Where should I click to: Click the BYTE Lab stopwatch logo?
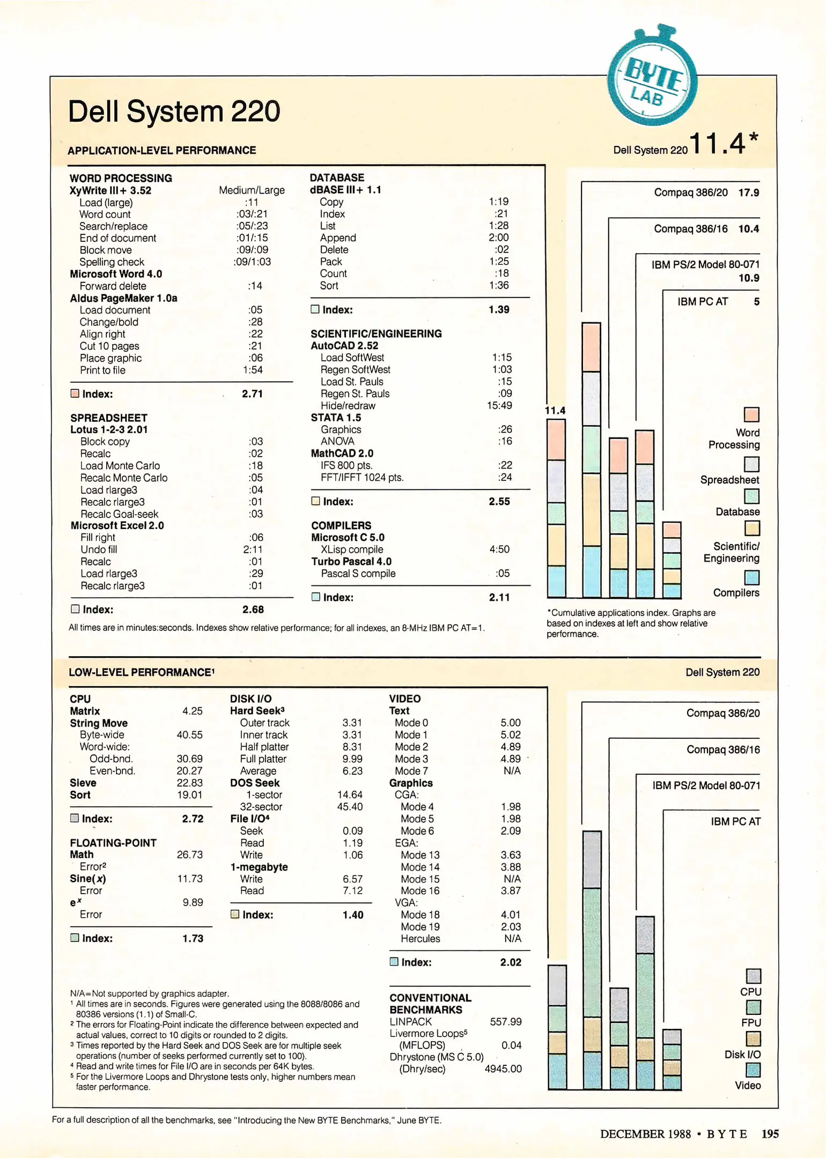point(652,80)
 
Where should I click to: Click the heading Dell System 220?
point(174,112)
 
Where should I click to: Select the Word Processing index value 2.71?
point(252,394)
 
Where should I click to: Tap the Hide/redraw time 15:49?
point(499,406)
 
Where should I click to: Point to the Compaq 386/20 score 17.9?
point(749,192)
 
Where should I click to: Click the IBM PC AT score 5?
point(756,302)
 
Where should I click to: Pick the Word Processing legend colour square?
point(751,414)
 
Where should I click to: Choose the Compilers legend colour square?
point(752,577)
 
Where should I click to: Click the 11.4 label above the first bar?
point(555,411)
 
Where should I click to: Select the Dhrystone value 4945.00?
point(503,1069)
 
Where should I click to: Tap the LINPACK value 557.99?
point(505,1022)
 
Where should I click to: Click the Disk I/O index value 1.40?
point(353,915)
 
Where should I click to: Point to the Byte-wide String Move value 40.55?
point(189,735)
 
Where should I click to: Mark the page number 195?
point(770,1134)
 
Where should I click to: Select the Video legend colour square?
point(753,1070)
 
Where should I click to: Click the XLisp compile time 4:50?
point(499,550)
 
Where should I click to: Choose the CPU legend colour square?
point(753,976)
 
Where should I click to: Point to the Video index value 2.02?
point(511,962)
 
